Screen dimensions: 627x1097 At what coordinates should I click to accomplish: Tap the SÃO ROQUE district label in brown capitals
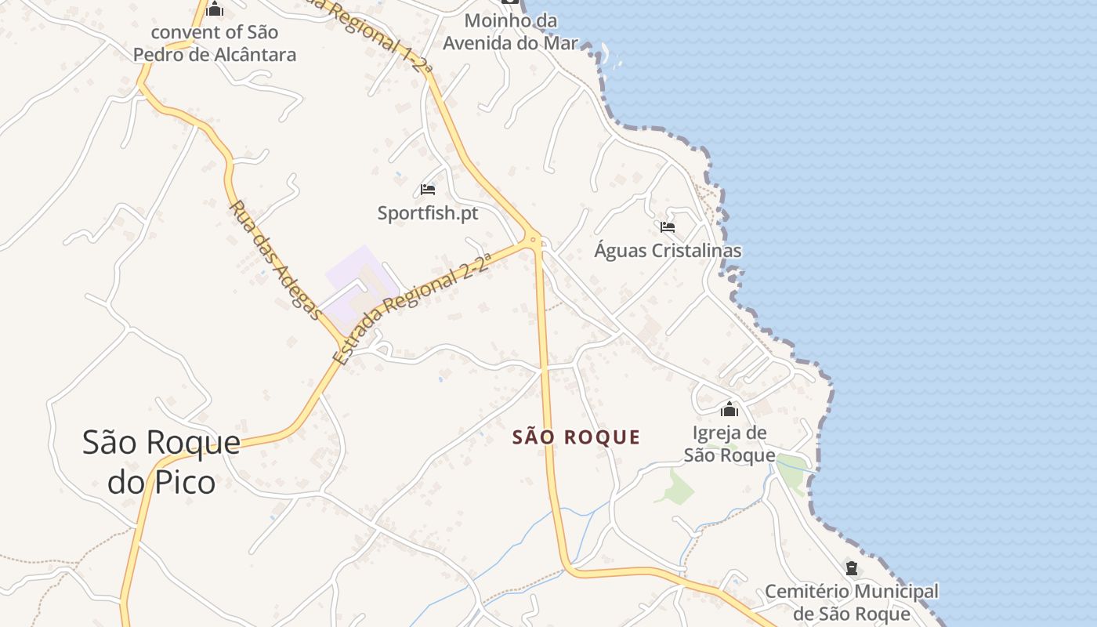(576, 437)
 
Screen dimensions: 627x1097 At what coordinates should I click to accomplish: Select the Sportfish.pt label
(427, 212)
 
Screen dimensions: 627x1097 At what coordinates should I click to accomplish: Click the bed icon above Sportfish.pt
(427, 190)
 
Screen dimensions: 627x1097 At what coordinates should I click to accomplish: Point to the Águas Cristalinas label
(668, 250)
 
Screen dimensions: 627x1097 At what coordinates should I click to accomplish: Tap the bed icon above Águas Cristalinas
(668, 227)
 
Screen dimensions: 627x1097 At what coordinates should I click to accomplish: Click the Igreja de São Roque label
(730, 444)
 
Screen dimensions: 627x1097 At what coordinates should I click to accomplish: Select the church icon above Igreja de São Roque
(730, 409)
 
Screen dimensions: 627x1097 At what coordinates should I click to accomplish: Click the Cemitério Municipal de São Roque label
(852, 603)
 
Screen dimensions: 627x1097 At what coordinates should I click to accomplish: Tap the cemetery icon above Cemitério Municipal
(852, 568)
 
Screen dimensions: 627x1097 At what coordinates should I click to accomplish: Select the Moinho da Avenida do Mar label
(510, 31)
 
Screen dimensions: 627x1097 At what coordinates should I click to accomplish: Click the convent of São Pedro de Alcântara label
(215, 43)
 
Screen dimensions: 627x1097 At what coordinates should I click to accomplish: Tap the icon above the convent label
(215, 9)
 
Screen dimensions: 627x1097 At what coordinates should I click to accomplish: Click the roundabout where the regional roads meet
(534, 238)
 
